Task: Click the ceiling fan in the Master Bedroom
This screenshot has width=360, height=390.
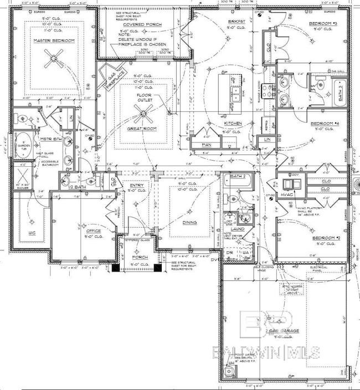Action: pos(55,55)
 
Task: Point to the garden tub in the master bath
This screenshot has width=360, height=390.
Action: pos(23,145)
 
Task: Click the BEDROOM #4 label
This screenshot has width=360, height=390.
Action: pos(324,123)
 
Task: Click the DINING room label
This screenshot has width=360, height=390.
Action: pos(189,223)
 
